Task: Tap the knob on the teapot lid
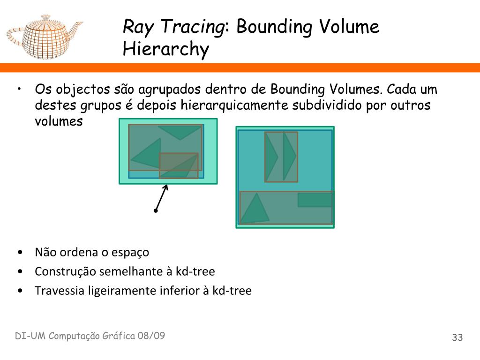[x=45, y=17]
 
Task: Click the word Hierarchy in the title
[x=165, y=49]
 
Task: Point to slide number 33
[x=457, y=337]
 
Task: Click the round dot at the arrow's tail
[x=155, y=211]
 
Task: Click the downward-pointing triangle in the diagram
[x=179, y=132]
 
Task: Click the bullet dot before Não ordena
[x=20, y=252]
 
